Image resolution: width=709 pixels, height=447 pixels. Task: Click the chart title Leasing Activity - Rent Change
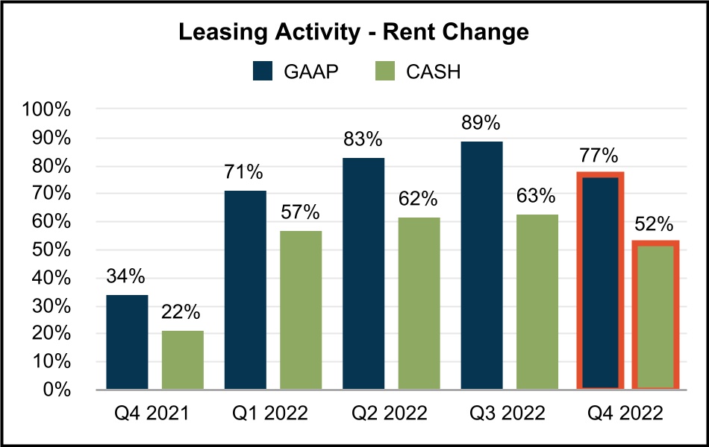[354, 33]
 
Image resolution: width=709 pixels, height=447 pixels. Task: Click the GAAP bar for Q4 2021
[127, 342]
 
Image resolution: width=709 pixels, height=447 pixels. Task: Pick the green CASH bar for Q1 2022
[301, 310]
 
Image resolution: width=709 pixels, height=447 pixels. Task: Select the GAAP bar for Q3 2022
[481, 265]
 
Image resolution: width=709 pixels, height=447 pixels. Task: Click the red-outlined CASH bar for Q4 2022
[656, 316]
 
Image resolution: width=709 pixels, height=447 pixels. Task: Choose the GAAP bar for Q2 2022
[363, 273]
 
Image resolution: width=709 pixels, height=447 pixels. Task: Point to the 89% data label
[481, 123]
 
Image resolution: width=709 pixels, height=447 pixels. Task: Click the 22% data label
[183, 312]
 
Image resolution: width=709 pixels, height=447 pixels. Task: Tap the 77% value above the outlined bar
[599, 156]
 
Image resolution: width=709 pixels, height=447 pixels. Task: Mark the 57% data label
[301, 212]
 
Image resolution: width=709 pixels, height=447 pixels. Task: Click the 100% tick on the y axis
[47, 110]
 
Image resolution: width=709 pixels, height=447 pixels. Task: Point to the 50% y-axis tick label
[51, 250]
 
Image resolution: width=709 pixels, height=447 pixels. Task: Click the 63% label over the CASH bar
[537, 196]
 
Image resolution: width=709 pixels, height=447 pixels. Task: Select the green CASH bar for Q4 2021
[183, 360]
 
